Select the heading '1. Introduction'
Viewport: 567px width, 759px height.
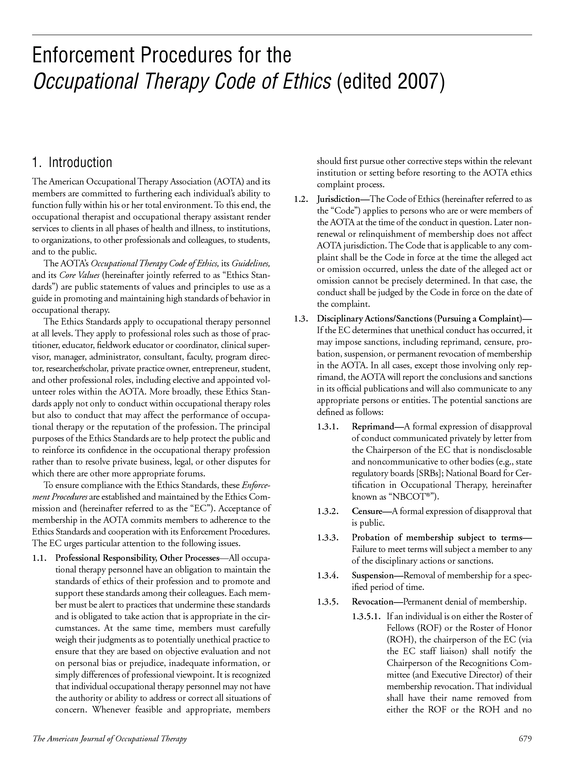(x=72, y=163)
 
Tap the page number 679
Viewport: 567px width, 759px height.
(x=525, y=738)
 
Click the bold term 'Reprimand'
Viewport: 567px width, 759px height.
(x=373, y=427)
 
